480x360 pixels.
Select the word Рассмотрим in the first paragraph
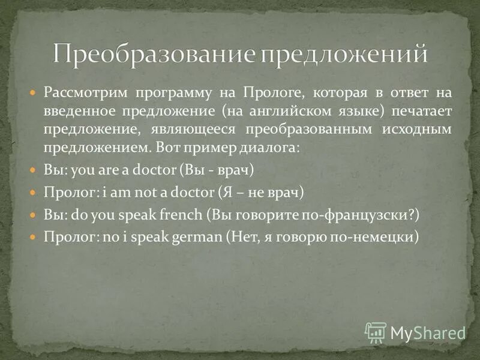click(x=85, y=94)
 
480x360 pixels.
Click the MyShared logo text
click(x=428, y=332)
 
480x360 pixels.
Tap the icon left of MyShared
click(x=376, y=332)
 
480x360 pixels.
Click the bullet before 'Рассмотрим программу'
click(x=33, y=94)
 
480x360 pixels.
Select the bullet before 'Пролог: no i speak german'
click(x=33, y=236)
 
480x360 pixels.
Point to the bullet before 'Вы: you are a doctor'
click(x=33, y=170)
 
